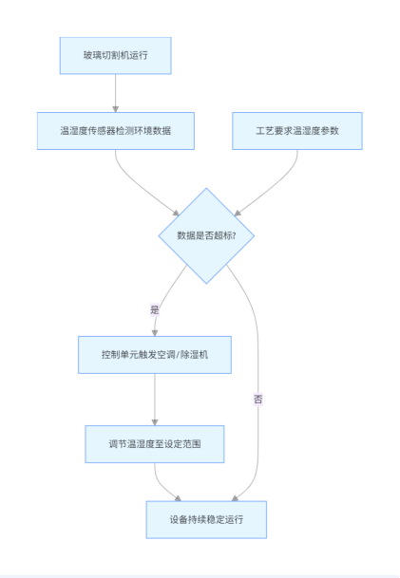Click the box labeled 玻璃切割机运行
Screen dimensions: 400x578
pos(116,56)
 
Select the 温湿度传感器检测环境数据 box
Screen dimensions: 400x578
pos(116,131)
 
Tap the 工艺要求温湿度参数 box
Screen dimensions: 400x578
pos(297,131)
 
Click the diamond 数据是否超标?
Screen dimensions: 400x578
pos(206,236)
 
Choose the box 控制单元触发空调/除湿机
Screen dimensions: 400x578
pos(155,355)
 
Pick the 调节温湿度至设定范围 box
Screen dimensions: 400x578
pos(155,444)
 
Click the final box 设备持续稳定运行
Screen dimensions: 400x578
pos(206,520)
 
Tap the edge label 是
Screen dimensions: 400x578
pos(155,310)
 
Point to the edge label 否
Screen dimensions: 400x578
pos(257,400)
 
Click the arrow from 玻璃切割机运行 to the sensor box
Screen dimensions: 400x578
pos(116,93)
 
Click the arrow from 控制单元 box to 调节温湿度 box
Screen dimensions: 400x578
pos(155,400)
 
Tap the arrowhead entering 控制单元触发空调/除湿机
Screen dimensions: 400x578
pos(155,333)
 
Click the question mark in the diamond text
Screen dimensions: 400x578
pos(234,236)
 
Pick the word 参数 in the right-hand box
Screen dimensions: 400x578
pos(330,131)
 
